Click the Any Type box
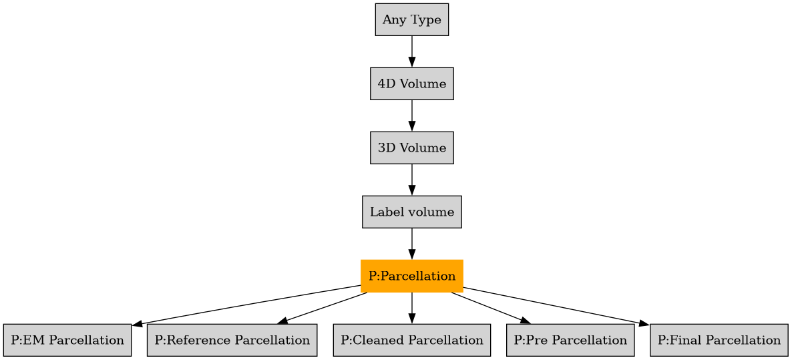pos(411,19)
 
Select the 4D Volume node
pos(411,83)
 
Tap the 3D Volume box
pos(411,148)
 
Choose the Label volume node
pos(411,212)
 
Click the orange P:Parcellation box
pos(411,276)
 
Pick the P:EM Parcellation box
pos(67,340)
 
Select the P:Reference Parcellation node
pos(232,340)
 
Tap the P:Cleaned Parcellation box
pos(411,340)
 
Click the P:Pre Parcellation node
pos(570,340)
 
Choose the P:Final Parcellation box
pos(719,340)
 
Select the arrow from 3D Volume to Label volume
pos(411,180)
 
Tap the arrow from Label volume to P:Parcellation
pos(411,244)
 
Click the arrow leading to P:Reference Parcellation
pos(323,309)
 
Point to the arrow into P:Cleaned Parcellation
pos(411,308)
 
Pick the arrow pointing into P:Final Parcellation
pos(554,305)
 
